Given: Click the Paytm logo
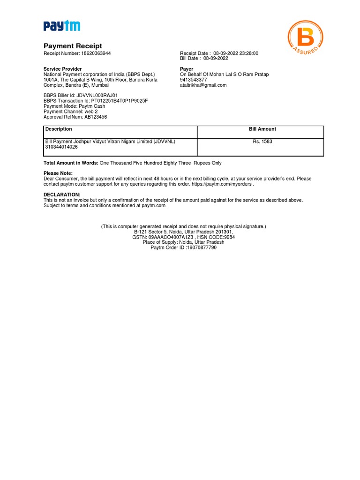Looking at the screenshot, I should pyautogui.click(x=62, y=26).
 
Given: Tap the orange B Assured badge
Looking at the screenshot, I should pyautogui.click(x=305, y=37).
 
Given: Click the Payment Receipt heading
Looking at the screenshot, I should pyautogui.click(x=73, y=46).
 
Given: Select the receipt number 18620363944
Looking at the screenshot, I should pyautogui.click(x=96, y=53).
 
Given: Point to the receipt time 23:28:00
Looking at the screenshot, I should pyautogui.click(x=248, y=53).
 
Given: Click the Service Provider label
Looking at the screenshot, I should pyautogui.click(x=62, y=69).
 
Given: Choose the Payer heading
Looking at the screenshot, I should pyautogui.click(x=187, y=69).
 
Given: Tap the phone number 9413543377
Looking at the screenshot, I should pyautogui.click(x=194, y=80).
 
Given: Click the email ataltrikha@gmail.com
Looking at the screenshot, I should pyautogui.click(x=203, y=85).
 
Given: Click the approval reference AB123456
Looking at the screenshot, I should pyautogui.click(x=96, y=117).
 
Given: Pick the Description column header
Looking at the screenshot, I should pyautogui.click(x=59, y=129).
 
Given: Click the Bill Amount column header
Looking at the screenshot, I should pyautogui.click(x=262, y=129).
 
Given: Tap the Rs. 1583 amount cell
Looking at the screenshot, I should pyautogui.click(x=262, y=141).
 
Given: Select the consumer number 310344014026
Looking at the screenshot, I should pyautogui.click(x=61, y=147).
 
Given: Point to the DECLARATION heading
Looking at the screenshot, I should pyautogui.click(x=62, y=195).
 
